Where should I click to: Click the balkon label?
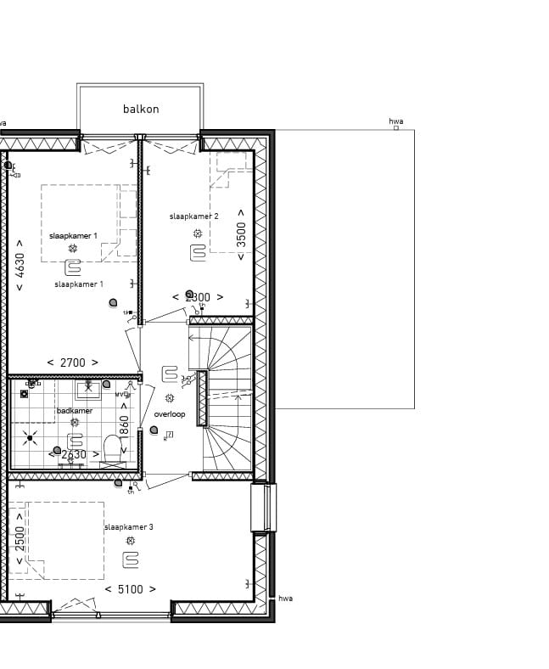tap(141, 109)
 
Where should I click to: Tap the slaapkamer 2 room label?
tap(193, 216)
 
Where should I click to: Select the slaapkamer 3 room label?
tap(129, 527)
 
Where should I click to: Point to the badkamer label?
tap(75, 411)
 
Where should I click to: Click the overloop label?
tap(169, 414)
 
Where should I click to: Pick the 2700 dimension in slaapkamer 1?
tap(72, 363)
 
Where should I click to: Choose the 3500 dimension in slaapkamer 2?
tap(241, 233)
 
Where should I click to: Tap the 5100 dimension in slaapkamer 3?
tap(130, 588)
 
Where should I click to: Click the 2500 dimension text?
tap(20, 540)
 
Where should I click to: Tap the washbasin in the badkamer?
tap(87, 391)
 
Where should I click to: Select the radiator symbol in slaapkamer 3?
tap(130, 559)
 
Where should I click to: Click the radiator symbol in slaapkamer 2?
tap(198, 252)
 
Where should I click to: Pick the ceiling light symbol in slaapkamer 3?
tap(130, 541)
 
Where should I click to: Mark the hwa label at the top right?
tap(395, 121)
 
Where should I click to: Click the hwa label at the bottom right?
tap(285, 599)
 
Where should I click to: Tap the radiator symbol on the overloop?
tap(170, 374)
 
